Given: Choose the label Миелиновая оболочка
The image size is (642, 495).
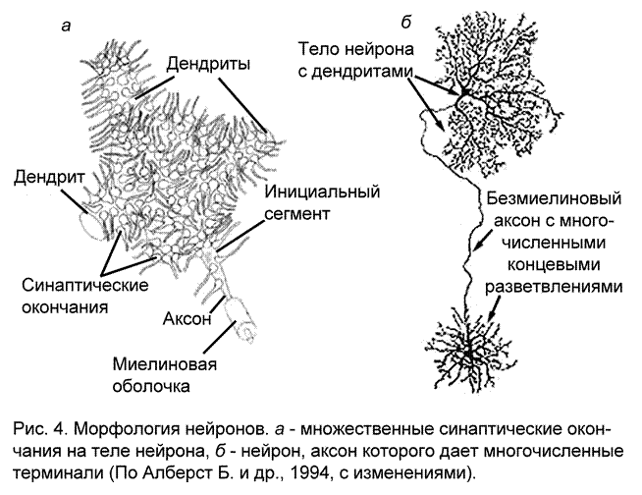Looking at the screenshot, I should pyautogui.click(x=164, y=376).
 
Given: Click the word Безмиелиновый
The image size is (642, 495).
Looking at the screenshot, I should pyautogui.click(x=555, y=196).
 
